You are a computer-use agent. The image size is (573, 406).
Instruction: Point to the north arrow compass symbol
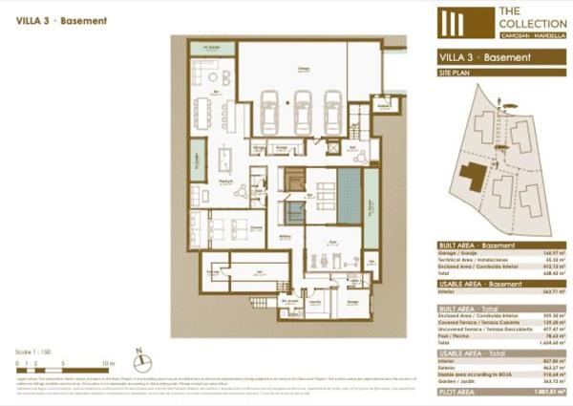[x=139, y=361]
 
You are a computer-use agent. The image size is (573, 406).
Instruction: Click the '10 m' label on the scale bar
[x=108, y=364]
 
